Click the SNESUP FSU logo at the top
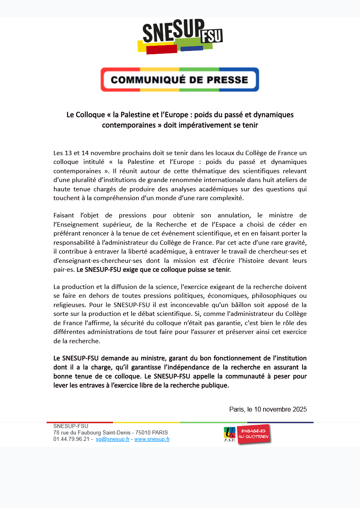[x=180, y=36]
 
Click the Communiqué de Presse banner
[x=180, y=80]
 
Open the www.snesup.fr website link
[x=152, y=439]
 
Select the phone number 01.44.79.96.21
[x=71, y=439]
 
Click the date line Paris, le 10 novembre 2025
[x=268, y=410]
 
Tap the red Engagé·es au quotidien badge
[x=253, y=434]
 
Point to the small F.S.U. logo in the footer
[x=230, y=434]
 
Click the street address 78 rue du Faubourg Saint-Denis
[x=92, y=433]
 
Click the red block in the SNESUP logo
[x=162, y=49]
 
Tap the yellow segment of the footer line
[x=146, y=422]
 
